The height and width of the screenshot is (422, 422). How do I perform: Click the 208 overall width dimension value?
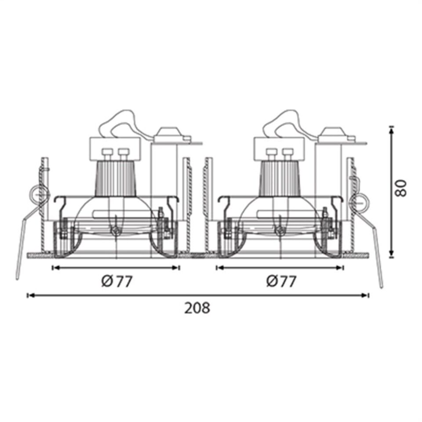pyautogui.click(x=197, y=308)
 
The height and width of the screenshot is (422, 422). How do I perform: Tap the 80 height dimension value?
pyautogui.click(x=400, y=188)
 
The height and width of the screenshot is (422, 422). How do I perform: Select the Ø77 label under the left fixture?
pyautogui.click(x=117, y=281)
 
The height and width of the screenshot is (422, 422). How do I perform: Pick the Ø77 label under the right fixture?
pyautogui.click(x=281, y=281)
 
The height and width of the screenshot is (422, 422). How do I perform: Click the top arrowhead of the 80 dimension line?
pyautogui.click(x=391, y=130)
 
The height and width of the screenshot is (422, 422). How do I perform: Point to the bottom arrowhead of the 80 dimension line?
pyautogui.click(x=391, y=254)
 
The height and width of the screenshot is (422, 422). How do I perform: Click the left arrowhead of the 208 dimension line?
pyautogui.click(x=31, y=295)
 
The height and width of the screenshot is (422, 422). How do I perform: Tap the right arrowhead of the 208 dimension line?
pyautogui.click(x=365, y=295)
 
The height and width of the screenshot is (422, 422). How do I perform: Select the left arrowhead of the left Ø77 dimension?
pyautogui.click(x=56, y=268)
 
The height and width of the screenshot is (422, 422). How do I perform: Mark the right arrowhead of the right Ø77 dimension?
pyautogui.click(x=340, y=268)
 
